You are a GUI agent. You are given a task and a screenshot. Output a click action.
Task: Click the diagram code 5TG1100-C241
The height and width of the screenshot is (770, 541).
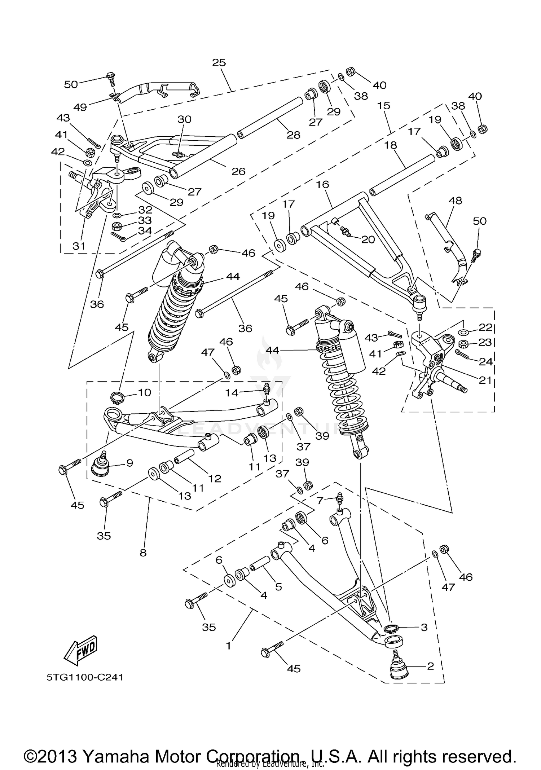[x=85, y=677]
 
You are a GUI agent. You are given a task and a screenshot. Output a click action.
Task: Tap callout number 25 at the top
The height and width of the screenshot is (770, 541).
[x=219, y=62]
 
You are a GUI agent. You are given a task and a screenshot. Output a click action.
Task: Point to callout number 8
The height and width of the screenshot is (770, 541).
[x=143, y=553]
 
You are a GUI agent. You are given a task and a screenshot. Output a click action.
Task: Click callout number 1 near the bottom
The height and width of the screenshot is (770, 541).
[x=228, y=646]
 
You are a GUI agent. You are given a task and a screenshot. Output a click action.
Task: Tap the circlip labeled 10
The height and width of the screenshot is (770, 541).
[x=118, y=397]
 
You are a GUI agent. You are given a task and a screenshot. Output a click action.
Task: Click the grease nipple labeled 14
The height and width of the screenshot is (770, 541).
[x=267, y=390]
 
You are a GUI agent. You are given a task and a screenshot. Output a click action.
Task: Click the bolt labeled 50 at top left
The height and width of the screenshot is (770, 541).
[x=111, y=76]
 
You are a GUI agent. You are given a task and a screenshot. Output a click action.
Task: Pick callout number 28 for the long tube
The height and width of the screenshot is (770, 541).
[x=293, y=135]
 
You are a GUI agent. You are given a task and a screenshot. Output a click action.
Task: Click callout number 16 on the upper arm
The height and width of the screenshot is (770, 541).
[x=322, y=185]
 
